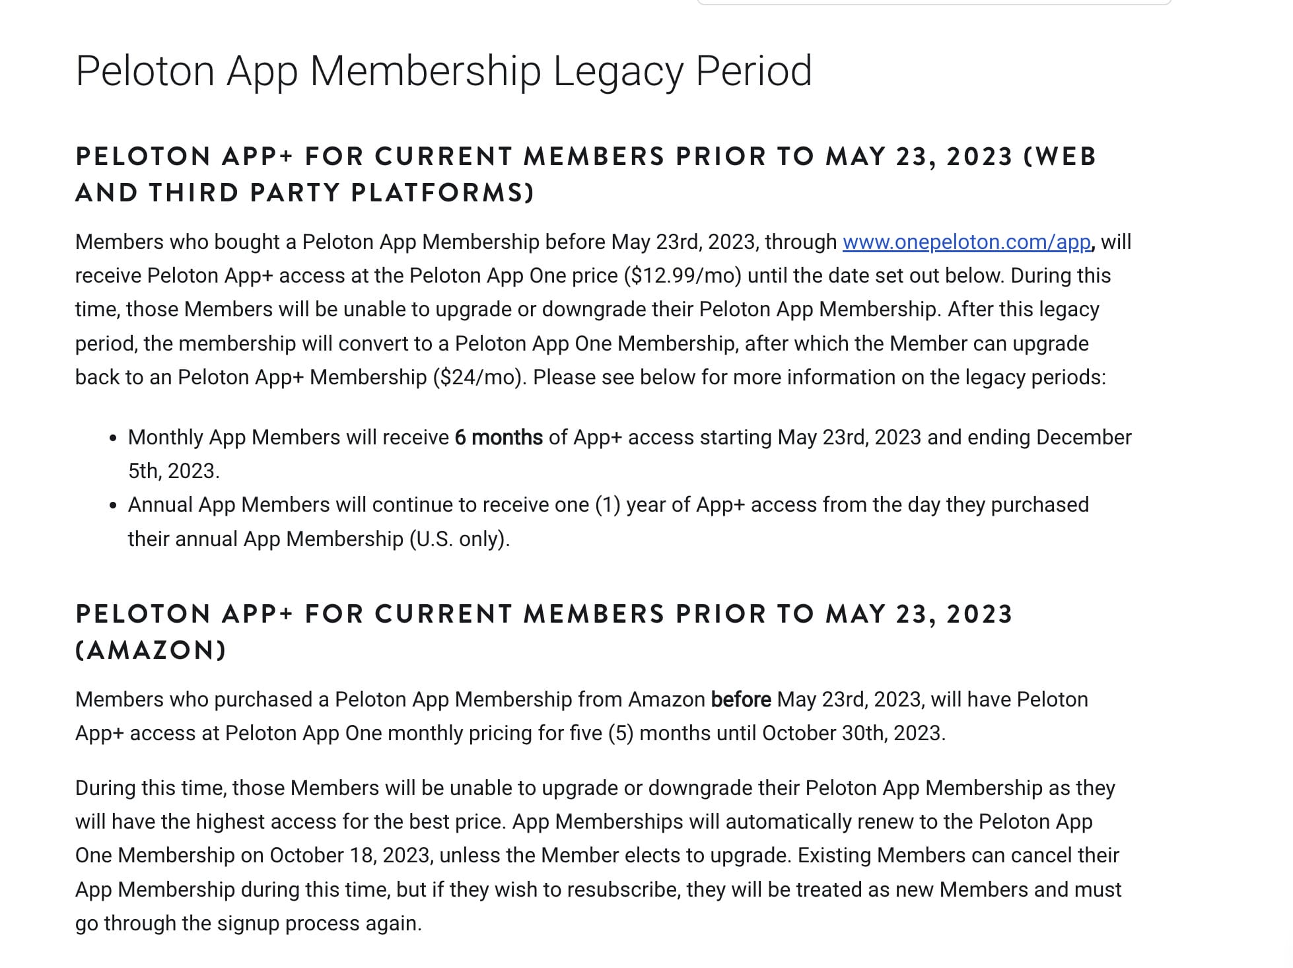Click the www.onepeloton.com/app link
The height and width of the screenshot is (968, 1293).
[x=966, y=242]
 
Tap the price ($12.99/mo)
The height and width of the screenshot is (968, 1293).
[x=682, y=276]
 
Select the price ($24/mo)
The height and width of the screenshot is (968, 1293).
[x=479, y=378]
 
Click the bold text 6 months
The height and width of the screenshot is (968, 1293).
[x=499, y=438]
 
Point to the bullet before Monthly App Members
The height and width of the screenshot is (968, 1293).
[x=114, y=438]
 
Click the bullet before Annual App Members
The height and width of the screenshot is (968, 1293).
[x=114, y=506]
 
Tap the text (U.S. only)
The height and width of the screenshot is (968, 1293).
[x=460, y=539]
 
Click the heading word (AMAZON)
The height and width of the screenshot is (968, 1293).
[x=151, y=650]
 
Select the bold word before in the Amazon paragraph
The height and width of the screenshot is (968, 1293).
[x=740, y=700]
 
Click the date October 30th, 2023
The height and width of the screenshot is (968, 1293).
[x=853, y=734]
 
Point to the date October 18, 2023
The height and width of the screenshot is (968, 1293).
[x=351, y=856]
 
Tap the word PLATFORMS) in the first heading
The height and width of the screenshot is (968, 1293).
[x=442, y=193]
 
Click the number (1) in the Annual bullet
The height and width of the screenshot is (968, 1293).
[x=607, y=505]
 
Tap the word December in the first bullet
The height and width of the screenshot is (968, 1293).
[x=1084, y=438]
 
